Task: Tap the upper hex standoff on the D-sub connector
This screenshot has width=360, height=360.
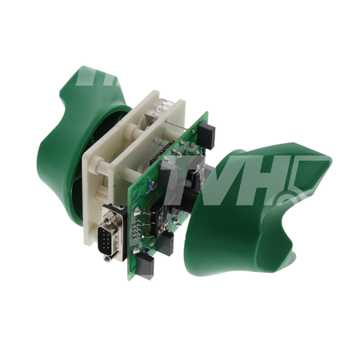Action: point(108,220)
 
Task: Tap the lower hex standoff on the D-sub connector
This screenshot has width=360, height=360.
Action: point(107,258)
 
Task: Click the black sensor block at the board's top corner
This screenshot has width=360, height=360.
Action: point(206,134)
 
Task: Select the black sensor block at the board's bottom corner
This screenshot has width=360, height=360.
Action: point(145,266)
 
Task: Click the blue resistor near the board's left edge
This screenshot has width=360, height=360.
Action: point(150,185)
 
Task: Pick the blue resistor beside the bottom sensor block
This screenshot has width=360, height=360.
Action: point(146,250)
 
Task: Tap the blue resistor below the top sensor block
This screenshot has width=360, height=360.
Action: point(203,152)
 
